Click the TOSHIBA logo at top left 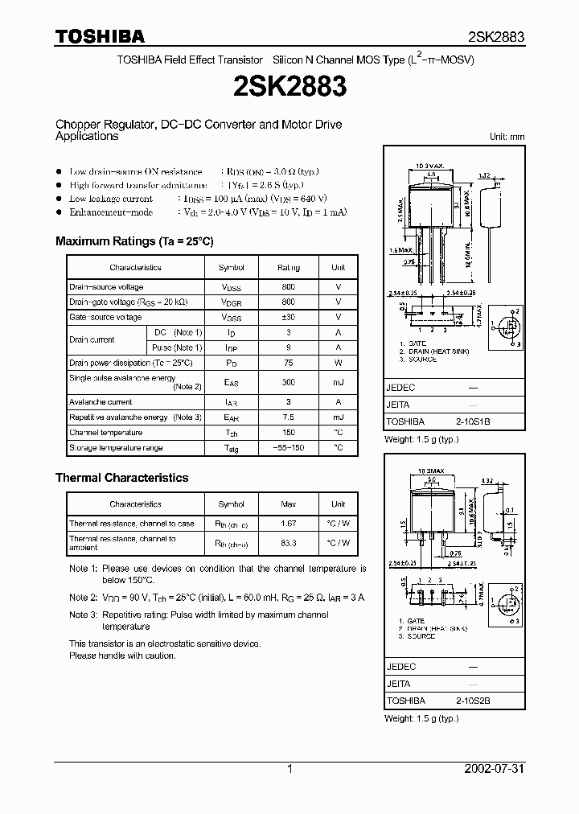[100, 36]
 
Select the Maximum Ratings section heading [134, 241]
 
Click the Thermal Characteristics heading [121, 478]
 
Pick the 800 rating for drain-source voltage [289, 287]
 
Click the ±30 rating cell [289, 318]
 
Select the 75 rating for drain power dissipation [289, 364]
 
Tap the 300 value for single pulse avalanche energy [289, 383]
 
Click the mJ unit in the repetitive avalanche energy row [338, 417]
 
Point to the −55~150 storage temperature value [289, 448]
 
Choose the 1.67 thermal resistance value [289, 524]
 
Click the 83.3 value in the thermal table [289, 543]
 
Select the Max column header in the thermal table [289, 504]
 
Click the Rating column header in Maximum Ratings [289, 268]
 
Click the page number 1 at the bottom [289, 769]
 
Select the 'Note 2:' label [83, 598]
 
